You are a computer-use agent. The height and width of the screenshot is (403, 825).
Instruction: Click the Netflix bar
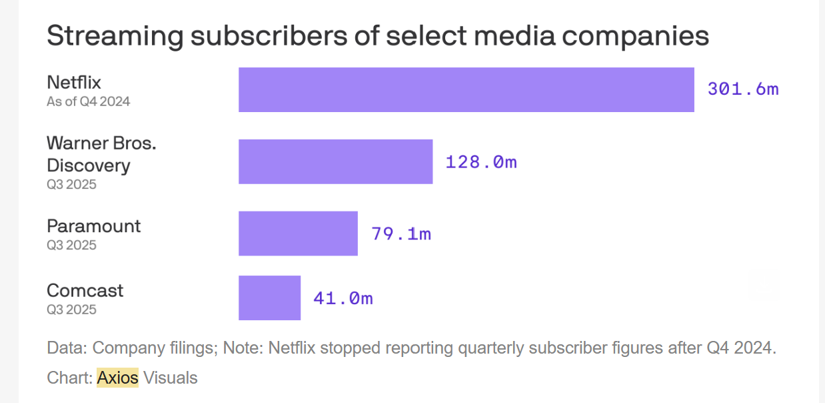point(466,89)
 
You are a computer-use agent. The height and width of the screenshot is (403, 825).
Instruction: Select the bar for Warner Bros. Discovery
point(335,161)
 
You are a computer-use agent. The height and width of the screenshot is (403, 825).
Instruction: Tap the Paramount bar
point(298,234)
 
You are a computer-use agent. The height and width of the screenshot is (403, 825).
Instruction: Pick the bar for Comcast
point(269,298)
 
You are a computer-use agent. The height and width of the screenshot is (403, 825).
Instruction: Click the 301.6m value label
point(743,89)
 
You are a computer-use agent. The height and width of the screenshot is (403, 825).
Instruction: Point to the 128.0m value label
point(481,161)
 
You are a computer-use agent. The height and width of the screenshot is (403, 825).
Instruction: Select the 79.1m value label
point(401,234)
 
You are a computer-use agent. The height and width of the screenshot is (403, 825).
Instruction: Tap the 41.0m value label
point(343,298)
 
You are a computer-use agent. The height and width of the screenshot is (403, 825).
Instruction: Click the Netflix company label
point(74,83)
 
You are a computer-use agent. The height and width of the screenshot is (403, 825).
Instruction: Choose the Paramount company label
point(94,226)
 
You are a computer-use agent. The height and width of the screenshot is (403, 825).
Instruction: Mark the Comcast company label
point(85,291)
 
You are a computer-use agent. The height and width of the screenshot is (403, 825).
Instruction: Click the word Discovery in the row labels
point(89,165)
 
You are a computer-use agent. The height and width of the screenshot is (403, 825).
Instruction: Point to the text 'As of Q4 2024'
point(88,102)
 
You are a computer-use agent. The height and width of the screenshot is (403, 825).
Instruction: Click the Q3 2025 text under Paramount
point(71,245)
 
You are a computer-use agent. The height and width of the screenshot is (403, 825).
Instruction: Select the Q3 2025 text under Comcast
point(71,310)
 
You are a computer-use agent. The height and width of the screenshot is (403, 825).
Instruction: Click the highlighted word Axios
point(118,378)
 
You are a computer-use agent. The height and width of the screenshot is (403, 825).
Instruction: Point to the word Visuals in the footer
point(171,378)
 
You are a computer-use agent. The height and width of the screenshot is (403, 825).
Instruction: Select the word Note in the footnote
point(240,348)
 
